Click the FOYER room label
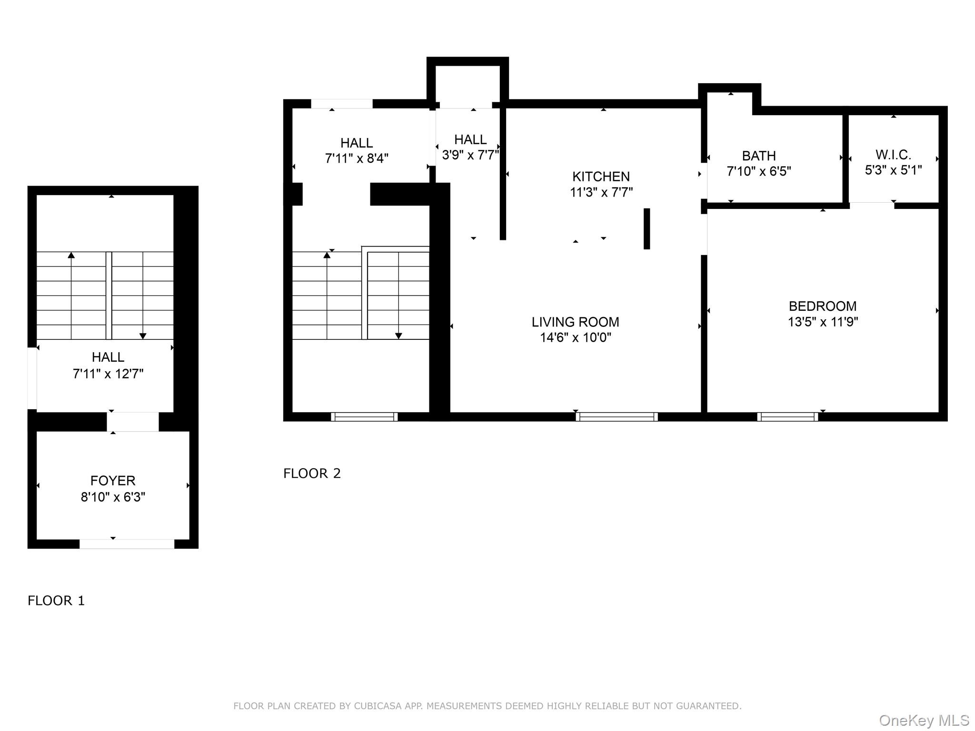click(x=113, y=480)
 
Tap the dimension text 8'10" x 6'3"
click(x=113, y=497)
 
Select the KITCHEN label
click(x=601, y=177)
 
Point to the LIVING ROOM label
click(x=575, y=322)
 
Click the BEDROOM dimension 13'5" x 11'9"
click(x=823, y=322)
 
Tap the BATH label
click(x=759, y=156)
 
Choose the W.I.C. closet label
click(x=893, y=155)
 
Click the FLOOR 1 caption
click(x=56, y=601)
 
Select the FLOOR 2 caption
click(x=312, y=474)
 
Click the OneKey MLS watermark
click(x=924, y=721)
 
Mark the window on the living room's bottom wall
click(x=617, y=417)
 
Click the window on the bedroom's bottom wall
click(x=787, y=417)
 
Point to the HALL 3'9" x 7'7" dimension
click(x=470, y=155)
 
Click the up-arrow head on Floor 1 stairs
click(x=71, y=256)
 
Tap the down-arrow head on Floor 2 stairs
click(x=398, y=336)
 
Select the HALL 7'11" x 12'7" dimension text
click(x=108, y=374)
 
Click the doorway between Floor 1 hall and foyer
click(x=132, y=422)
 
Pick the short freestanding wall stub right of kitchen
click(x=647, y=228)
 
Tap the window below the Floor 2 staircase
click(x=364, y=417)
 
